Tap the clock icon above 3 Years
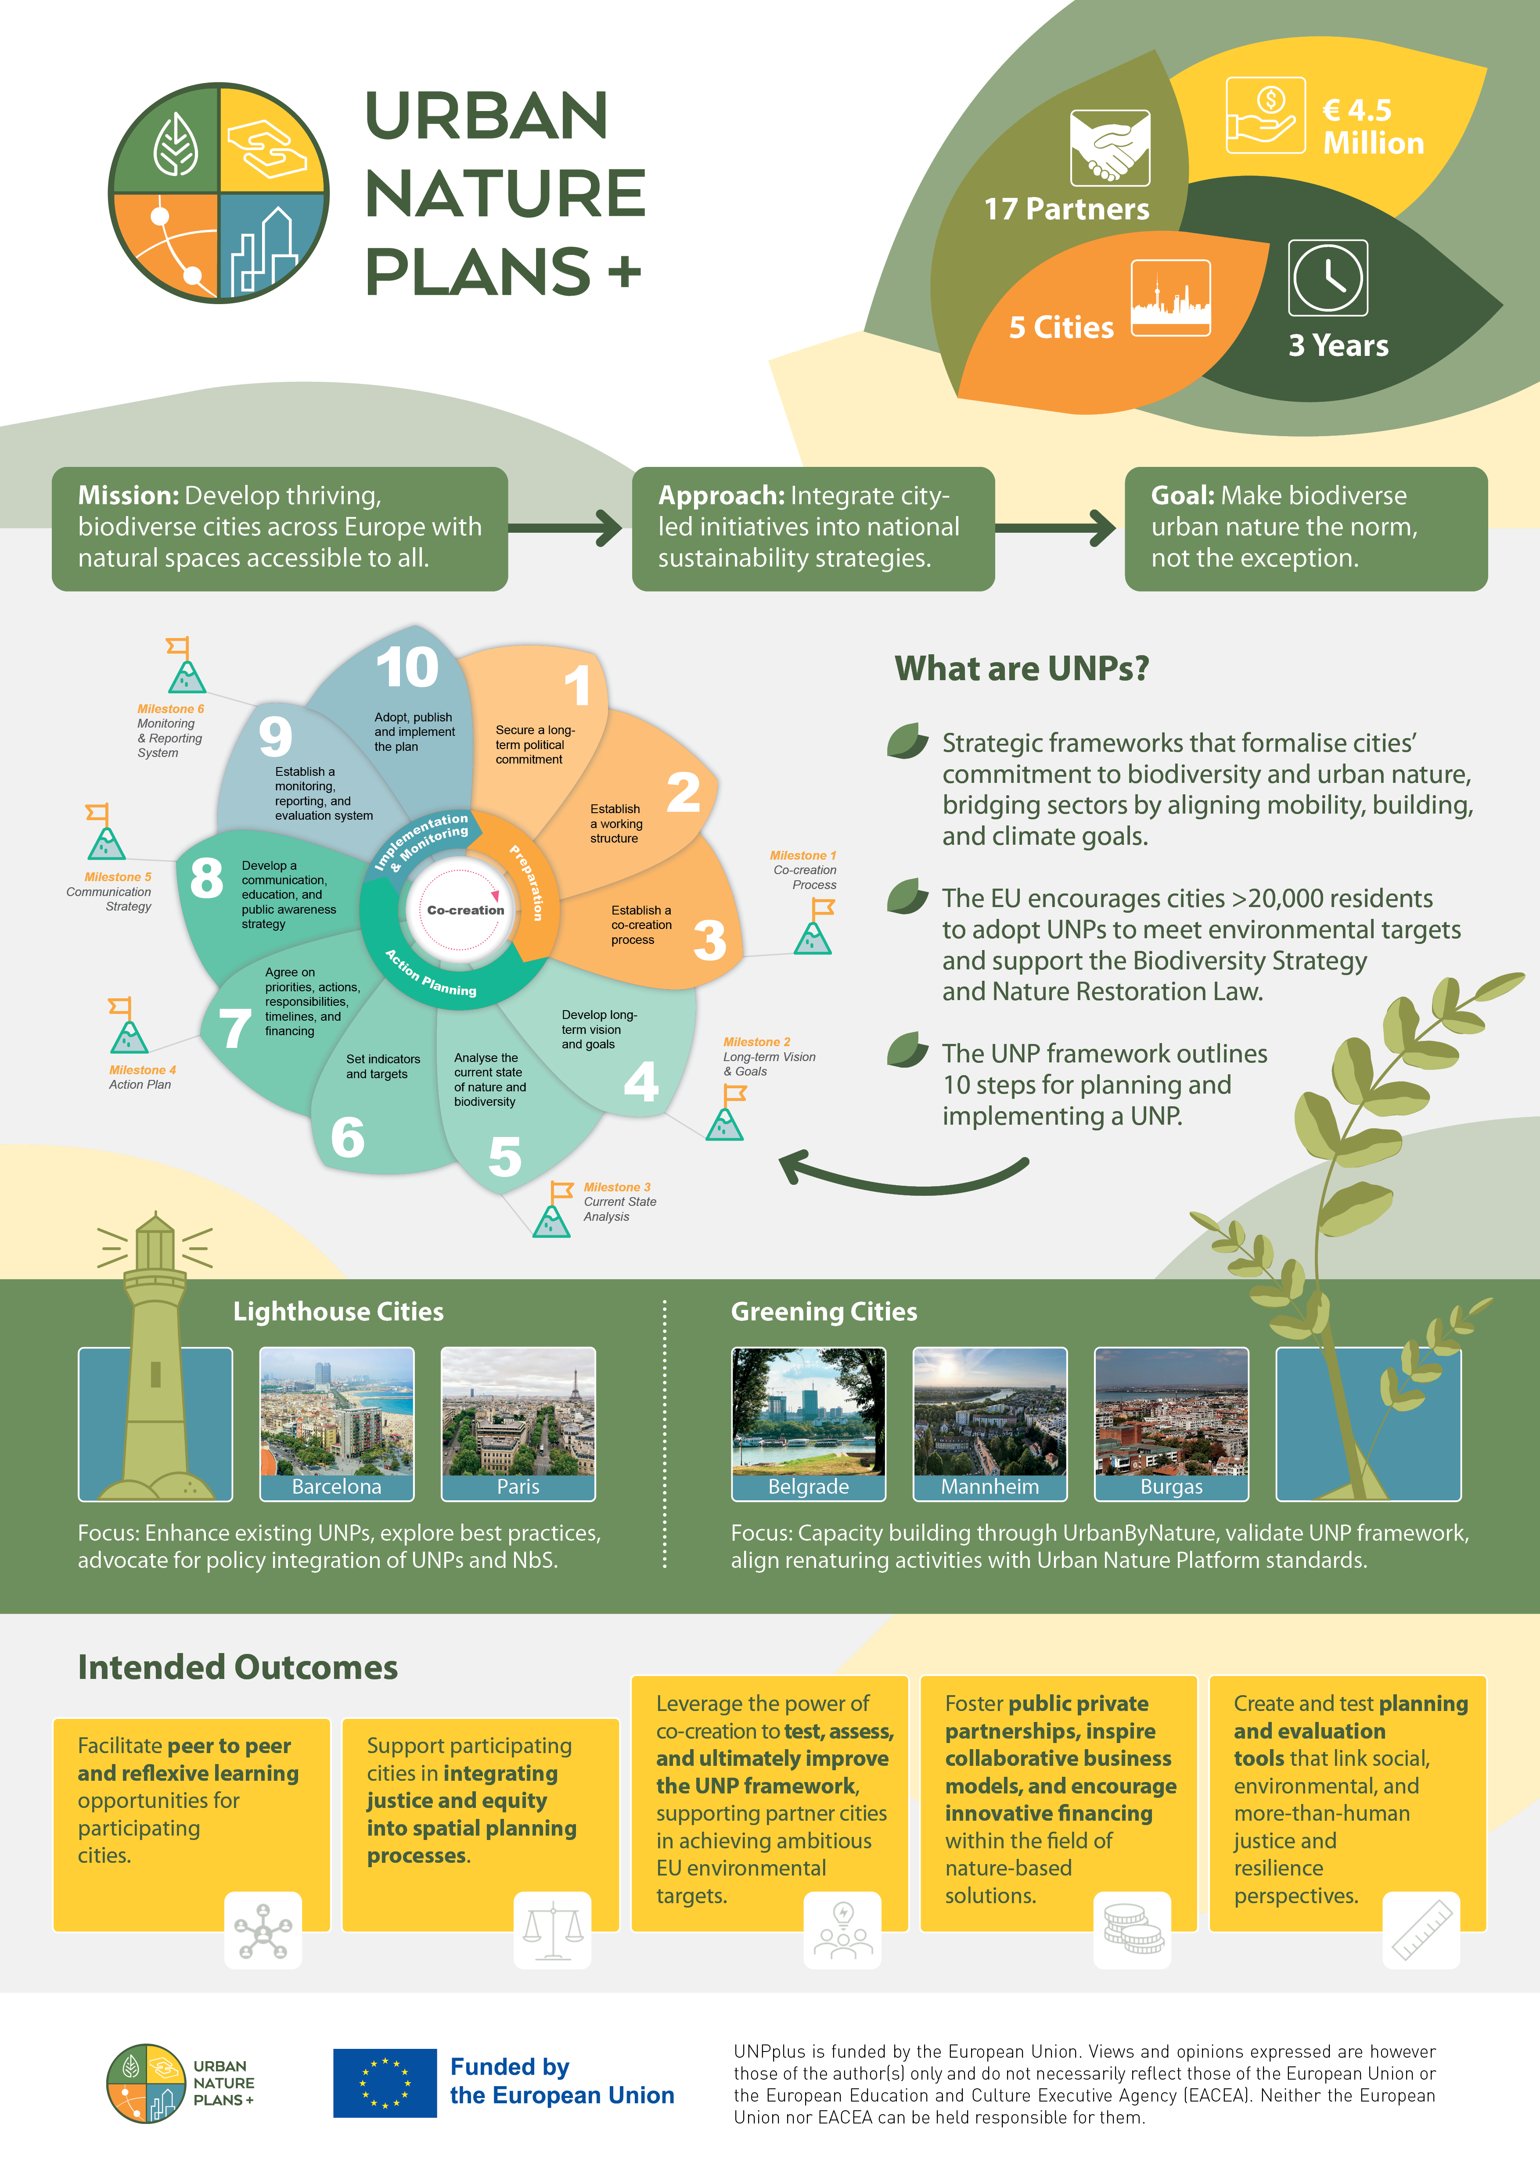pyautogui.click(x=1328, y=278)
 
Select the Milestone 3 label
pyautogui.click(x=617, y=1187)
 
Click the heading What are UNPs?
pyautogui.click(x=1021, y=668)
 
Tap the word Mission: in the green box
pyautogui.click(x=128, y=496)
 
